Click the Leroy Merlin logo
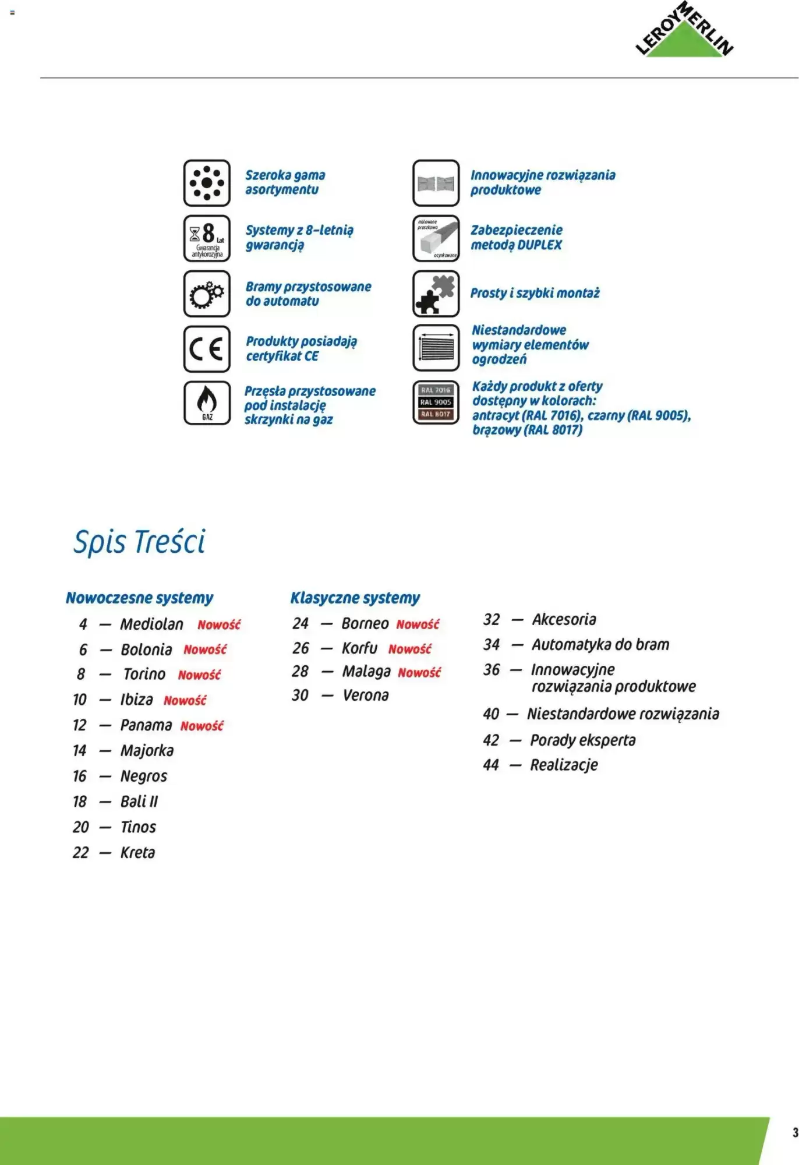[x=684, y=33]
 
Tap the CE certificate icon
[x=207, y=349]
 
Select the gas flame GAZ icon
[x=207, y=403]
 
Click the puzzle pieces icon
[x=436, y=294]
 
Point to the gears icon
[x=207, y=294]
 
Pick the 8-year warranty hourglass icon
[x=207, y=238]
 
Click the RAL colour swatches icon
[x=436, y=403]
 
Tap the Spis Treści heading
[x=139, y=542]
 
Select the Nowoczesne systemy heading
[x=139, y=598]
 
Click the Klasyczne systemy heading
[x=355, y=598]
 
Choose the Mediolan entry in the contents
[x=151, y=624]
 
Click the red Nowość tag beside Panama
[x=202, y=726]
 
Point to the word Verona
[x=366, y=696]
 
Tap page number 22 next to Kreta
[x=81, y=853]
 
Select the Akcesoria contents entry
[x=564, y=619]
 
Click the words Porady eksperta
[x=582, y=740]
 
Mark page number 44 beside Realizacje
[x=491, y=765]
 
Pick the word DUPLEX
[x=539, y=245]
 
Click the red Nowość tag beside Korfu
[x=410, y=649]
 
